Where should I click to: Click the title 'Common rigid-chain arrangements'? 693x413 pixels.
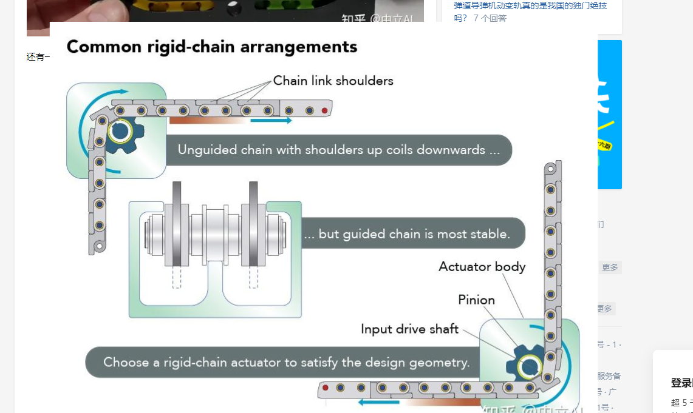[x=211, y=47]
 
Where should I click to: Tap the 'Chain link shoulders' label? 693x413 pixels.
[x=333, y=81]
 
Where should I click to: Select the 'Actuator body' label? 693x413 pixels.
[x=482, y=267]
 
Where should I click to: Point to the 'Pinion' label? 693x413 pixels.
[x=476, y=300]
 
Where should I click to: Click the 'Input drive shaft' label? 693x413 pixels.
[x=409, y=329]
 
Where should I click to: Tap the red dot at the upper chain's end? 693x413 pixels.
[x=325, y=111]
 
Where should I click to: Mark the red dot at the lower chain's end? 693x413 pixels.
[x=326, y=388]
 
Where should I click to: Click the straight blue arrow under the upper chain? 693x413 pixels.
[x=271, y=121]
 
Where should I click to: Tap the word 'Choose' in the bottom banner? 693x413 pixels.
[x=126, y=362]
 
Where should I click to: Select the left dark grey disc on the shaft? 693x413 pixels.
[x=177, y=224]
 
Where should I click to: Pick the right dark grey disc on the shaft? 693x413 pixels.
[x=253, y=224]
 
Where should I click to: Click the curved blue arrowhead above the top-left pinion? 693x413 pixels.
[x=124, y=92]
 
